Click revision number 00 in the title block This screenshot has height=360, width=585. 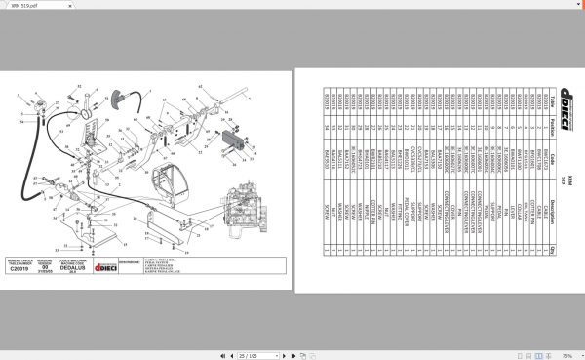point(57,267)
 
